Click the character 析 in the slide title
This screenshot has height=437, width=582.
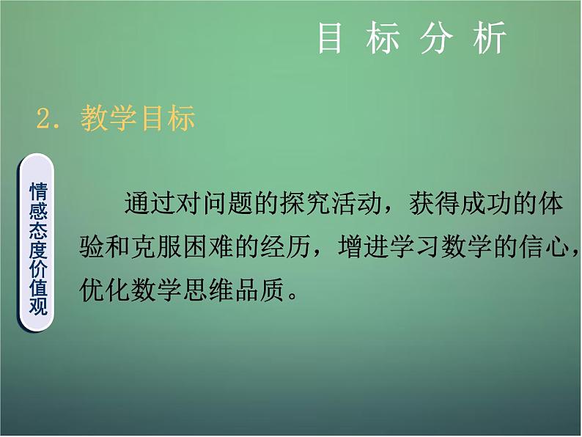tap(490, 37)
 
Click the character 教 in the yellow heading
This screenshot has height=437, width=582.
tap(95, 117)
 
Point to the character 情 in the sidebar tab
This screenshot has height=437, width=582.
tap(38, 192)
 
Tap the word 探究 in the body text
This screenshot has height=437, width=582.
tap(303, 205)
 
